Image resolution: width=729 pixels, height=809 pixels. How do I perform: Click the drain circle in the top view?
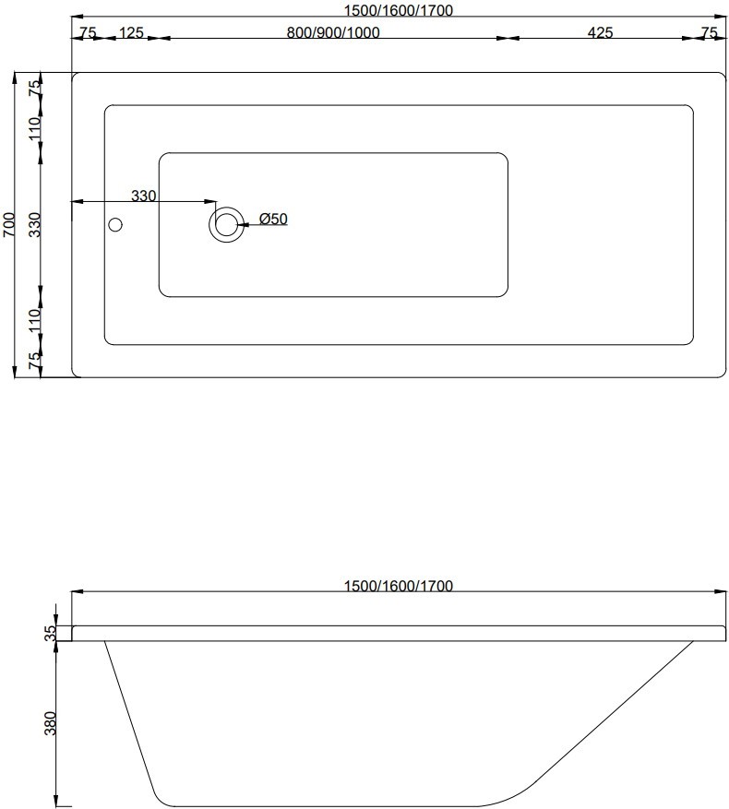226,224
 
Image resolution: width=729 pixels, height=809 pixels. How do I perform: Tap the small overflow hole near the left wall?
115,224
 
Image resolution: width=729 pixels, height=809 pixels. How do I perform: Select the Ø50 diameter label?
274,219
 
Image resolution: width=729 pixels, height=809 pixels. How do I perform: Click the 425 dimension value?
600,32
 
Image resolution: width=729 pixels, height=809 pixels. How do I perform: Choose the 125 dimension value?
132,32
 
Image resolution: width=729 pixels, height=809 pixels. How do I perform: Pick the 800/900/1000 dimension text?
333,32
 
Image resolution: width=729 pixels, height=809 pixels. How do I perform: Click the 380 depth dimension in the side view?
50,722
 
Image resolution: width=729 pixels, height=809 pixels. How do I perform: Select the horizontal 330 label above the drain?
143,196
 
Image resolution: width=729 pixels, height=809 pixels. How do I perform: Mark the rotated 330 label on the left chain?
35,225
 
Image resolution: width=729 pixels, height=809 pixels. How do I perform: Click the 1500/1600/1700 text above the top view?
399,10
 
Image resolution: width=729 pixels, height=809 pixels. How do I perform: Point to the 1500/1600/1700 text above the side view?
399,586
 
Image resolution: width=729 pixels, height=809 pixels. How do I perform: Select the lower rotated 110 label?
35,321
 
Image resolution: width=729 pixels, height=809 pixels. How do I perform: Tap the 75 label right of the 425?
709,32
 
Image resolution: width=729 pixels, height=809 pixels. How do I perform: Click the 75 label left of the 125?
88,32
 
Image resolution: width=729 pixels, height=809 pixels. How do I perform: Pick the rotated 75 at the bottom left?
35,362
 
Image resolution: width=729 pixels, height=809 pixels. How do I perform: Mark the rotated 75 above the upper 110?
35,89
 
